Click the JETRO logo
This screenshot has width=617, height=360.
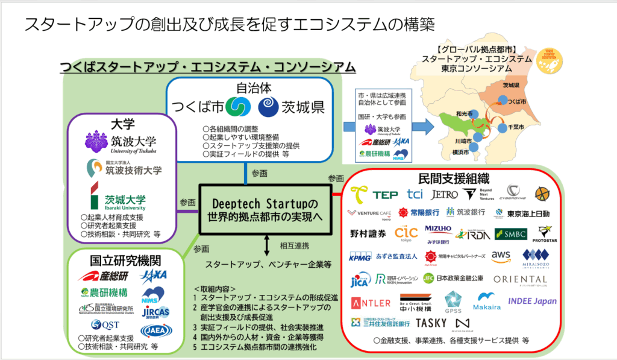click(444, 194)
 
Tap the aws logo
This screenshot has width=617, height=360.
click(501, 256)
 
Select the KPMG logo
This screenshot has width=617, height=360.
click(362, 257)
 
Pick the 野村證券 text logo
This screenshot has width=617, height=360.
click(368, 233)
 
